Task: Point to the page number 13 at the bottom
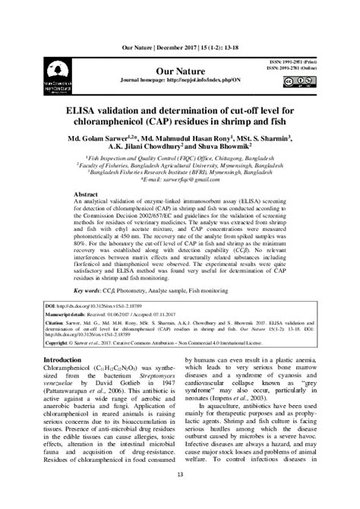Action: [x=180, y=474]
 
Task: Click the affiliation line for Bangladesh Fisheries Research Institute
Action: [x=180, y=175]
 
